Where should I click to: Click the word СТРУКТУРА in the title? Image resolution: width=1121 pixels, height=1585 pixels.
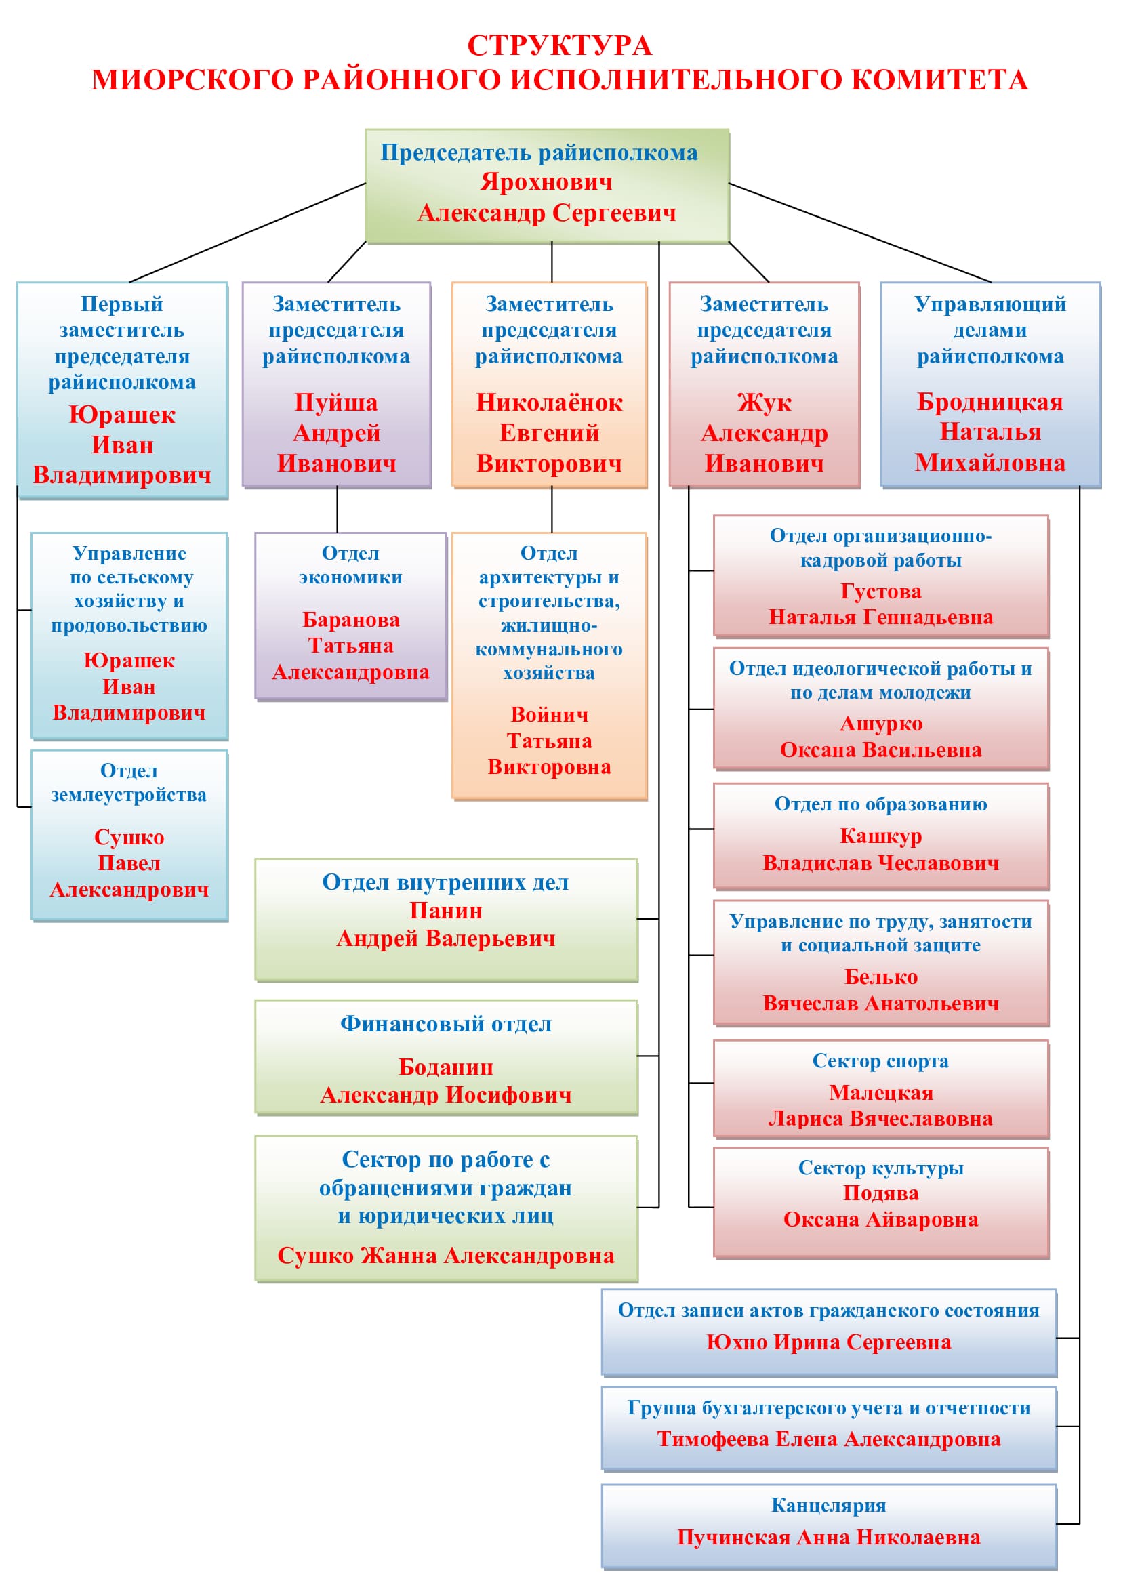click(x=559, y=45)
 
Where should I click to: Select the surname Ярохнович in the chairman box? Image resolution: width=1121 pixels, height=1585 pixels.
click(x=546, y=182)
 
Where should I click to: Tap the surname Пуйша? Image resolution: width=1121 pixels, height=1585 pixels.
click(x=336, y=403)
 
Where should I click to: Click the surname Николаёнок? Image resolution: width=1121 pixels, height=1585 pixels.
click(x=550, y=403)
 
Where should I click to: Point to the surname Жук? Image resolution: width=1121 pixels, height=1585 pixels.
click(x=764, y=403)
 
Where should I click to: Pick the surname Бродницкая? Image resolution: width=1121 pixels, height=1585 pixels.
click(x=989, y=402)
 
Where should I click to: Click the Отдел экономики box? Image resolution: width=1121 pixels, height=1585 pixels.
click(x=350, y=616)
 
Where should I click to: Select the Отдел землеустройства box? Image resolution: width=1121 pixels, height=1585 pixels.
click(x=129, y=836)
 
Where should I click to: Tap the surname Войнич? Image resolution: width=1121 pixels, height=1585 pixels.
click(x=550, y=714)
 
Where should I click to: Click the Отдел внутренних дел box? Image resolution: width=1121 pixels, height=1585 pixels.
click(x=446, y=920)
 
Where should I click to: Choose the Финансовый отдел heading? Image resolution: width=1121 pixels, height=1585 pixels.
click(x=446, y=1025)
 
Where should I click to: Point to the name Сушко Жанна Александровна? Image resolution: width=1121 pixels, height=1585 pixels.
click(x=446, y=1256)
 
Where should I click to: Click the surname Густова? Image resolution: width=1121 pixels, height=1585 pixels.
click(x=881, y=592)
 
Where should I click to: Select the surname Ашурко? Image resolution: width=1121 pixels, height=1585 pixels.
click(x=881, y=724)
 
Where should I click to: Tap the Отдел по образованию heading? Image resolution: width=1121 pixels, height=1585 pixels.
click(x=881, y=804)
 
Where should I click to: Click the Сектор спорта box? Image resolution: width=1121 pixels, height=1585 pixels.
click(x=881, y=1090)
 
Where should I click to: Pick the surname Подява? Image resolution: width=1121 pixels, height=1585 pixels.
click(x=881, y=1193)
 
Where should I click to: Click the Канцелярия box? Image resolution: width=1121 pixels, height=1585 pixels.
click(x=828, y=1525)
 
